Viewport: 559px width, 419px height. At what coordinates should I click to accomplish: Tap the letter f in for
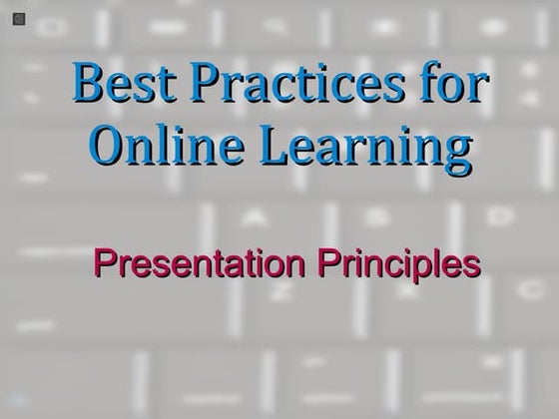coord(431,85)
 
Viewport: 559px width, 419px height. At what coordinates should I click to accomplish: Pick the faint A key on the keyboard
coord(252,216)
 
